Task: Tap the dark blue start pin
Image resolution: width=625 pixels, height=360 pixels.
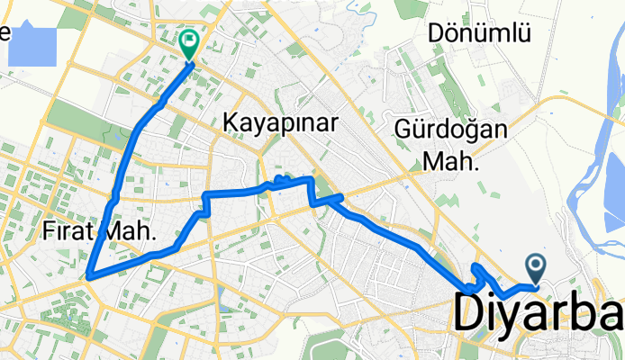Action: (537, 265)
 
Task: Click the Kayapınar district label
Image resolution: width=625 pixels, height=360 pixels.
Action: (278, 122)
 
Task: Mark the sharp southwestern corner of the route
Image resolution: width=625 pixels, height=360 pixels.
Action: (88, 276)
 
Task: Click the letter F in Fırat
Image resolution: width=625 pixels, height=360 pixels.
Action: (48, 232)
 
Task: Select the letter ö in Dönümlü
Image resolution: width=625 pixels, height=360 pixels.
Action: (454, 34)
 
